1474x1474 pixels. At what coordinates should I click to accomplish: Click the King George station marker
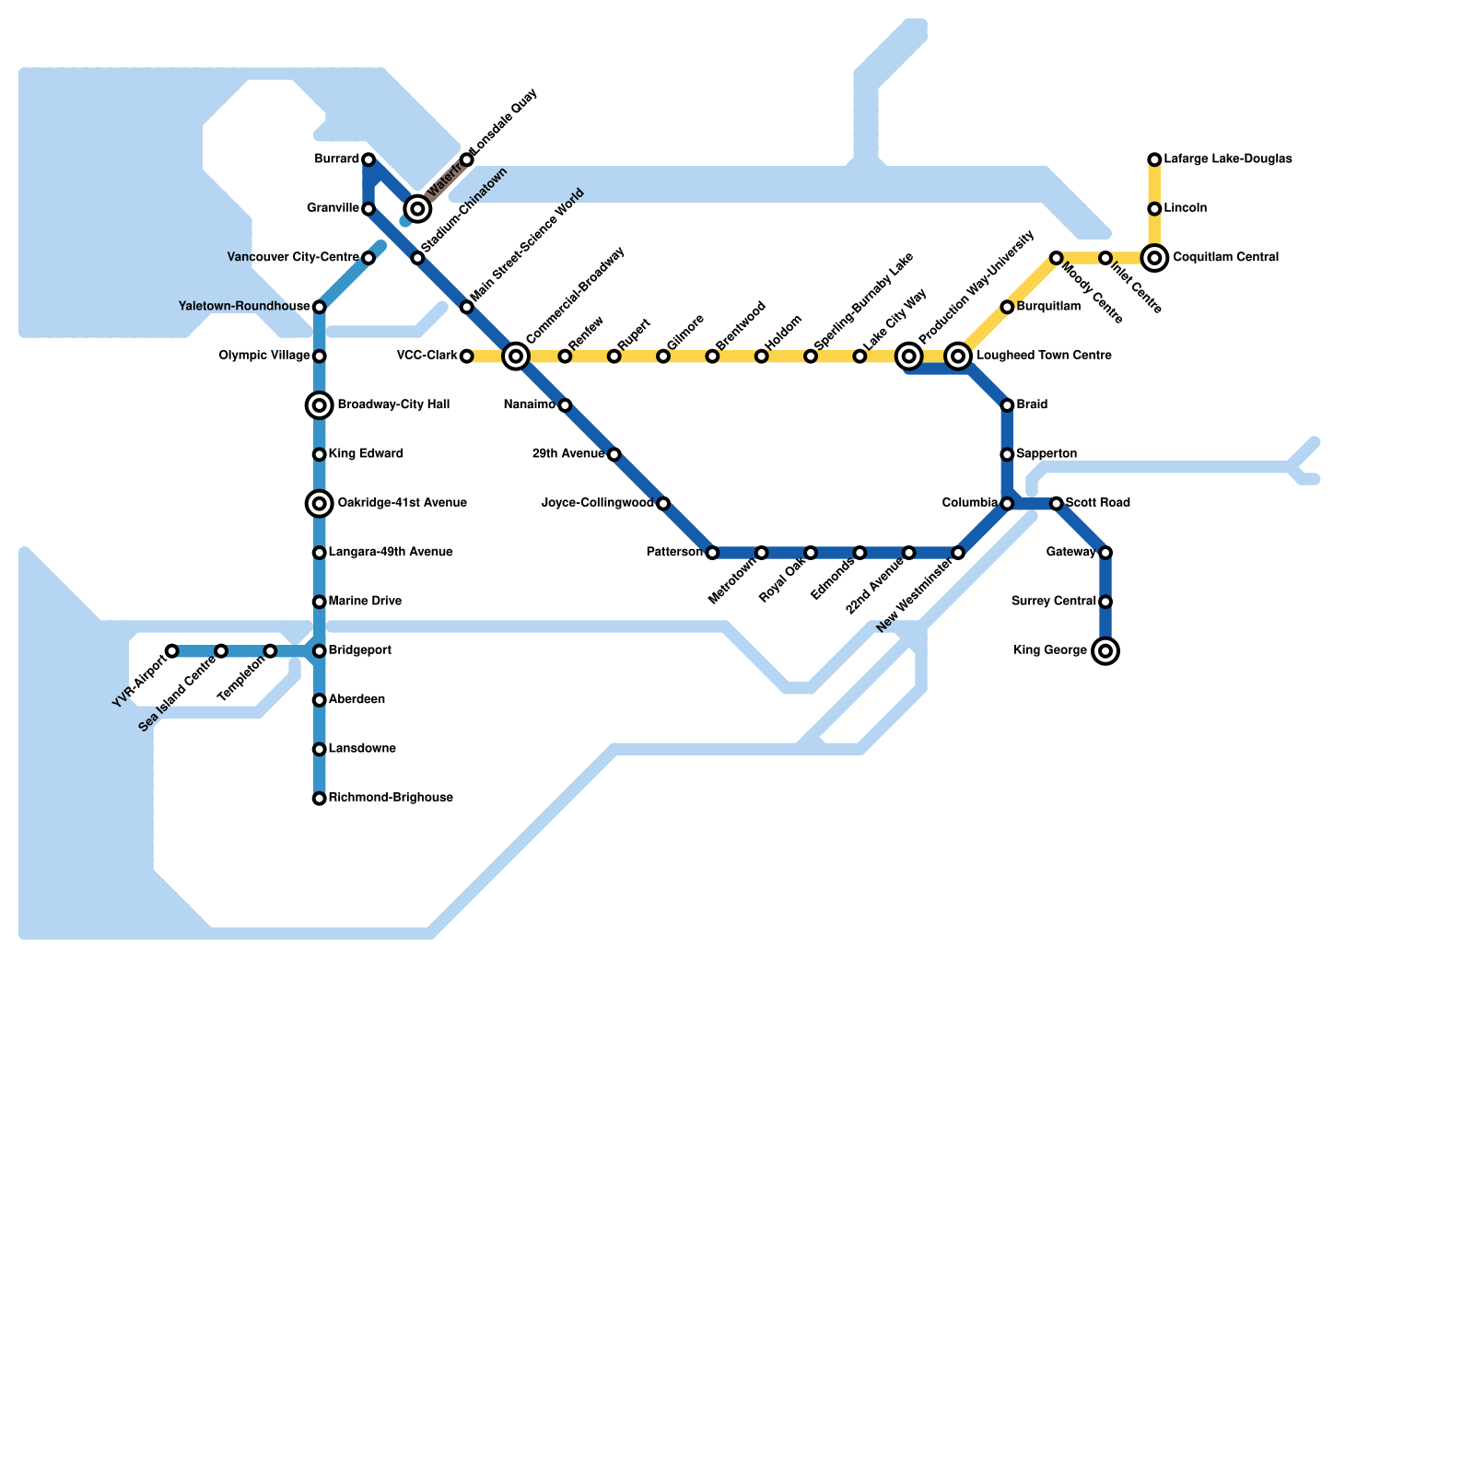1105,651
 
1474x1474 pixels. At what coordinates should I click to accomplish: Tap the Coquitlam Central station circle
1154,258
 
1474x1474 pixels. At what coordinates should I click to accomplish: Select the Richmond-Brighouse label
391,798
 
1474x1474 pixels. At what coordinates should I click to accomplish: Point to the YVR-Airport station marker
172,651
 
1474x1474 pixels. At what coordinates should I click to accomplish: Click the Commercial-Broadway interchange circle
516,357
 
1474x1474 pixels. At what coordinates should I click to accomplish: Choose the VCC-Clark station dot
467,357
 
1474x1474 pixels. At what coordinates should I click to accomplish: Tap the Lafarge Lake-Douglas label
1227,159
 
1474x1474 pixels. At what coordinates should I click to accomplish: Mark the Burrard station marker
368,159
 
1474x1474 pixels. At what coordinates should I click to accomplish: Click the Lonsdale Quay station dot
467,159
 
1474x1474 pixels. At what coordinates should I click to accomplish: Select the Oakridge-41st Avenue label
402,503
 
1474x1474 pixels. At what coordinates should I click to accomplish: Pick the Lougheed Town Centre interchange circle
958,357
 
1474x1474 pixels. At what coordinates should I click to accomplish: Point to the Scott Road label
1097,503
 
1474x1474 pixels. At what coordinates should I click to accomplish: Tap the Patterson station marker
712,553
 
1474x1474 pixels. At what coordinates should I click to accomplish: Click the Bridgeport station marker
320,651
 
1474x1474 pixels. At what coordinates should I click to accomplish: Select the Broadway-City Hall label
393,405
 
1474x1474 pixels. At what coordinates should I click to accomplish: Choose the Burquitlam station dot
1007,307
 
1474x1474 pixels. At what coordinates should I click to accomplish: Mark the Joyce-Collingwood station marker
663,503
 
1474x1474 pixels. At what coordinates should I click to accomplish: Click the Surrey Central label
1053,602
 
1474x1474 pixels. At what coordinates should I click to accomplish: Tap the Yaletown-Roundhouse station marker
320,307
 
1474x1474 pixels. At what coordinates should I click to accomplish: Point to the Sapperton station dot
1007,454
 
